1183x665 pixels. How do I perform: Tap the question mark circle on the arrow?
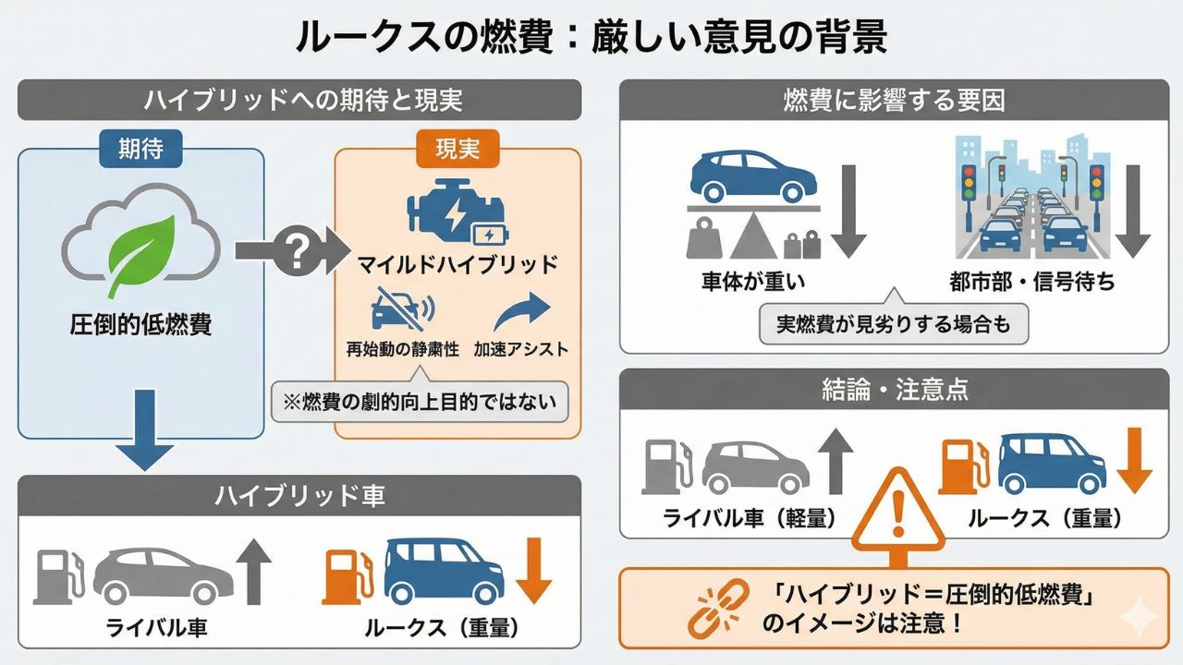pos(297,250)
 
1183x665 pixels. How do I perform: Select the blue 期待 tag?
pos(141,149)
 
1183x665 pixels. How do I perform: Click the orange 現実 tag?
pos(457,149)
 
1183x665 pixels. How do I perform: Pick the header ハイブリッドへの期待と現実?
pos(299,99)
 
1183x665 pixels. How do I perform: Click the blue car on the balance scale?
pos(751,176)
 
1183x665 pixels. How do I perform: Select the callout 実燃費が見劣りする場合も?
pos(894,325)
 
